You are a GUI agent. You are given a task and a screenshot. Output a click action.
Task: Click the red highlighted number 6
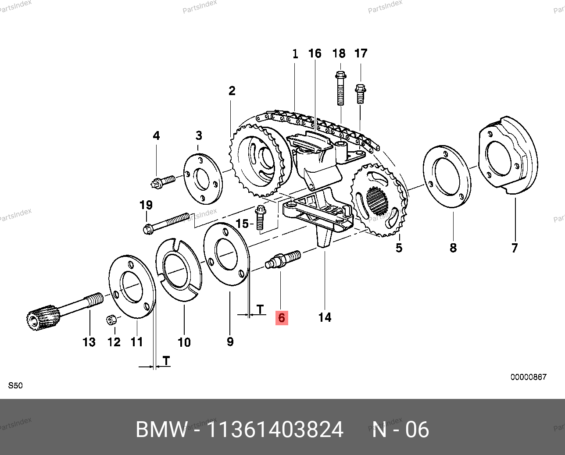tap(281, 318)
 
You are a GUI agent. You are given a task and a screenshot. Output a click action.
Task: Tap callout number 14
tap(325, 317)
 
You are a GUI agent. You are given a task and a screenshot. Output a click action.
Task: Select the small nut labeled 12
tap(111, 320)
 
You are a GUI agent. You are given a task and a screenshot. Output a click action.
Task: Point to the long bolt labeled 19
tap(167, 222)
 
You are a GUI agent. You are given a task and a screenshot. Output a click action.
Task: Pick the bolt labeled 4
tap(163, 181)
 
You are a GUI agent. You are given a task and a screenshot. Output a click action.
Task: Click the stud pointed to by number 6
tap(283, 259)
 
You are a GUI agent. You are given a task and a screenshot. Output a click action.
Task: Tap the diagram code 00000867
tap(528, 377)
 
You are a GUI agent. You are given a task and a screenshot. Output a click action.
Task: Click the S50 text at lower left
tap(15, 386)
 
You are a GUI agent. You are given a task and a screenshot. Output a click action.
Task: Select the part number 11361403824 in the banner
tap(275, 430)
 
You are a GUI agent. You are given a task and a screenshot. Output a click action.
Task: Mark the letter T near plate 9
tap(261, 309)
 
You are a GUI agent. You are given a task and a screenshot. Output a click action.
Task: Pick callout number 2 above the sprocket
tap(232, 91)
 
